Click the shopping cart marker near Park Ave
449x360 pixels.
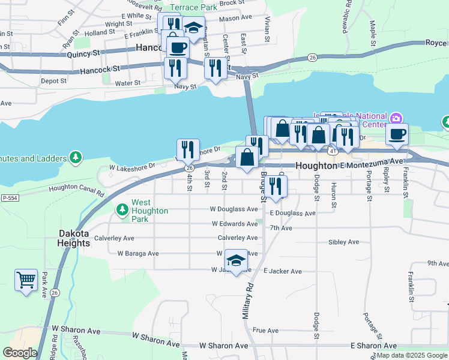pyautogui.click(x=26, y=280)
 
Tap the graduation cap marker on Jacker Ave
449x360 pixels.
pyautogui.click(x=236, y=261)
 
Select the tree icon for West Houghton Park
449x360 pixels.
pyautogui.click(x=122, y=209)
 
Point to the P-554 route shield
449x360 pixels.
pyautogui.click(x=10, y=197)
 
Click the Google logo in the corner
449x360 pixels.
pyautogui.click(x=20, y=353)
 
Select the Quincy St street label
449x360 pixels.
pyautogui.click(x=83, y=53)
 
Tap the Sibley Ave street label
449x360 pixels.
pyautogui.click(x=343, y=242)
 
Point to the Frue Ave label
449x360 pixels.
pyautogui.click(x=265, y=330)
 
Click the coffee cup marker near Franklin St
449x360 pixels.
pyautogui.click(x=396, y=134)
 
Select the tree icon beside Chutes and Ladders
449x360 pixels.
pyautogui.click(x=75, y=158)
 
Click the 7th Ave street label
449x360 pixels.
pyautogui.click(x=281, y=228)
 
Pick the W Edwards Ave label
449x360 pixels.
pyautogui.click(x=234, y=224)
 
